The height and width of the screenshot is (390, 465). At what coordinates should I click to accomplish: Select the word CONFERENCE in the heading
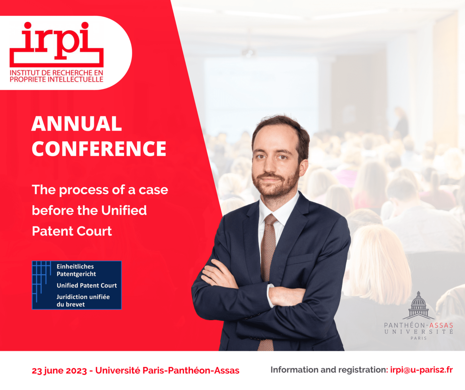click(99, 149)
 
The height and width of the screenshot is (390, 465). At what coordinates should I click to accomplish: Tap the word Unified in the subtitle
click(124, 210)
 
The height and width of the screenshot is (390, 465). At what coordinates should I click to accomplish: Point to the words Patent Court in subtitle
click(72, 231)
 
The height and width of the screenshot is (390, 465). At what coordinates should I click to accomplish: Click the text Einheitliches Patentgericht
click(76, 270)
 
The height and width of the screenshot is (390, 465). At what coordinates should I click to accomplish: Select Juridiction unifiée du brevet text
click(83, 300)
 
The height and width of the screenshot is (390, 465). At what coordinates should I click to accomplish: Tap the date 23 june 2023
click(59, 371)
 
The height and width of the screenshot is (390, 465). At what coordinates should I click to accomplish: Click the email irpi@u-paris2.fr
click(421, 370)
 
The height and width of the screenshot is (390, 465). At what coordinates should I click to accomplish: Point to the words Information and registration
click(329, 370)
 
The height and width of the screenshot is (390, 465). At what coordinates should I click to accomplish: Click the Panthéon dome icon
click(418, 306)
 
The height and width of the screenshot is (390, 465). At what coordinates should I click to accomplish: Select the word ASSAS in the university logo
click(441, 326)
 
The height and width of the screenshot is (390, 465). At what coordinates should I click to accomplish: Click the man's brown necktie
click(268, 248)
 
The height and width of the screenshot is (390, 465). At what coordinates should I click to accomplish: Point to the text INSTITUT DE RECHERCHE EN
click(56, 73)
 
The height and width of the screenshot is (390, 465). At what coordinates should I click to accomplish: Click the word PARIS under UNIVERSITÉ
click(418, 338)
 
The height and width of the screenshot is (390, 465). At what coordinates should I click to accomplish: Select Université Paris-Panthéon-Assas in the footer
click(167, 371)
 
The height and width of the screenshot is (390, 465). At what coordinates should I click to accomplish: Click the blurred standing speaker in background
click(401, 121)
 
